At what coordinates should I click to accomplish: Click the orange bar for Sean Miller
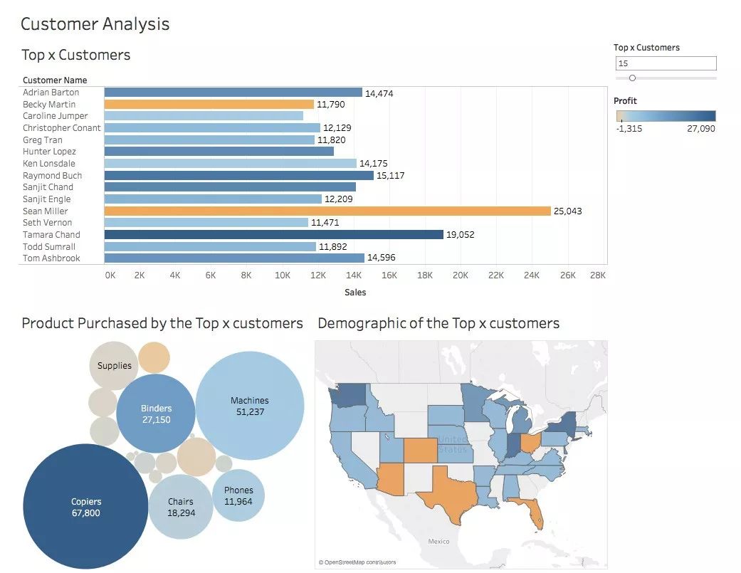[x=327, y=211]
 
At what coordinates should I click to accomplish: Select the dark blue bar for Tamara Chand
[x=274, y=234]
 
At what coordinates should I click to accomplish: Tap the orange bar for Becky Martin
[x=209, y=104]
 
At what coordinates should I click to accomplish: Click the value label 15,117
[x=390, y=175]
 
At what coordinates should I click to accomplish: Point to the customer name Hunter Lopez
[x=49, y=152]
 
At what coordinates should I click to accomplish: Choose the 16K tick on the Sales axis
[x=389, y=275]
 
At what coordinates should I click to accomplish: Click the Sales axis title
[x=355, y=292]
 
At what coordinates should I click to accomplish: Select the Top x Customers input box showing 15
[x=666, y=63]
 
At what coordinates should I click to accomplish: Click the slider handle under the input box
[x=632, y=78]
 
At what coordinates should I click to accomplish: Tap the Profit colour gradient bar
[x=665, y=116]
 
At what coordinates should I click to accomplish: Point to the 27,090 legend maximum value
[x=701, y=129]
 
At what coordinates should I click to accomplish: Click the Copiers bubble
[x=86, y=507]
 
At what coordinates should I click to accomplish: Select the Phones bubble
[x=238, y=495]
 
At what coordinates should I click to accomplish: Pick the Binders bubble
[x=156, y=414]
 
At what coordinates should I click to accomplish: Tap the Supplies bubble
[x=114, y=366]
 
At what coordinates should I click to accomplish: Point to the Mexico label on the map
[x=438, y=542]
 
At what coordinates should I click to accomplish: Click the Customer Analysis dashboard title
[x=95, y=23]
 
